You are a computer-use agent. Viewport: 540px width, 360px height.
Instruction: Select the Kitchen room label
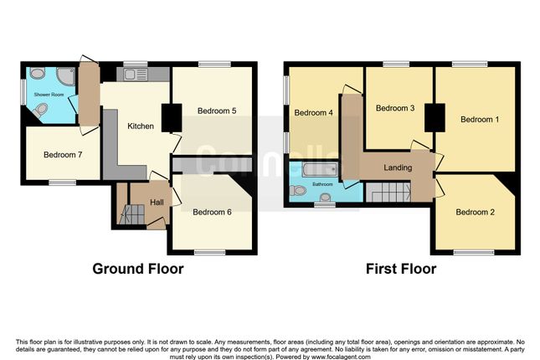140,126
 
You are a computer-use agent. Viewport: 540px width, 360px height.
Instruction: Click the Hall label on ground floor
157,203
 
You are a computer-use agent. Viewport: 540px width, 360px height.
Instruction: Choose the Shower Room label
48,95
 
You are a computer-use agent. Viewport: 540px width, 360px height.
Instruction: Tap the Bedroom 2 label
475,212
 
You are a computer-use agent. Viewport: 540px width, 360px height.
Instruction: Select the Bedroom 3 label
395,108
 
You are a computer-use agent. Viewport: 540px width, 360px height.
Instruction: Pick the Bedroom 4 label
314,113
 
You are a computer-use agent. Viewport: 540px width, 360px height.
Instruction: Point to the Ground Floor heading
137,270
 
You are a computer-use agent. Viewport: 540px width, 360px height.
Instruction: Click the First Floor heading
400,270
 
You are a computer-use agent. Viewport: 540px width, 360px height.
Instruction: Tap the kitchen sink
135,75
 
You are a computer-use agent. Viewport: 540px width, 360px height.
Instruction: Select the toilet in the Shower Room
36,75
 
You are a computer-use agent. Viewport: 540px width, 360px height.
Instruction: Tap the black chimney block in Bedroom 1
434,116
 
